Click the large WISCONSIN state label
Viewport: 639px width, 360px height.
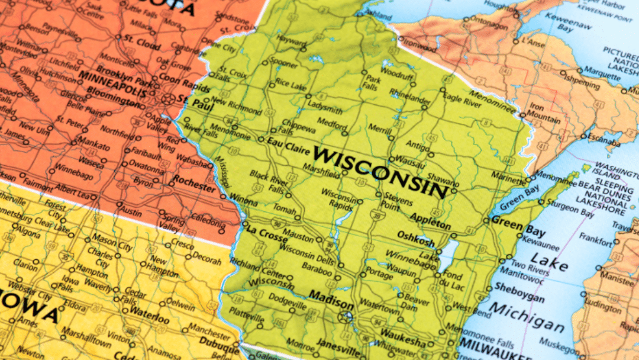(381, 172)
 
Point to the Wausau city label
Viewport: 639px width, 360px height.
(411, 160)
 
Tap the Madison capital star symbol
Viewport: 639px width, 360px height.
(343, 316)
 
